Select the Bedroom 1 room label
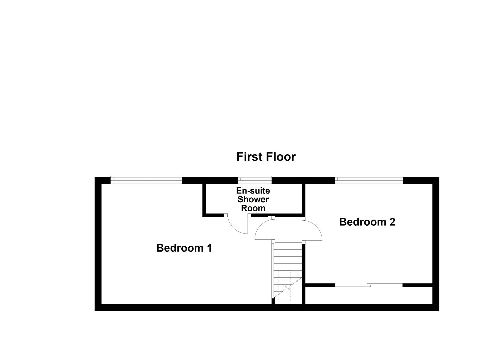pyautogui.click(x=184, y=248)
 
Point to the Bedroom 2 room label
pyautogui.click(x=367, y=222)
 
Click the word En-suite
pyautogui.click(x=253, y=191)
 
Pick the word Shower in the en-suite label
pyautogui.click(x=253, y=200)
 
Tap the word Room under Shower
pyautogui.click(x=253, y=208)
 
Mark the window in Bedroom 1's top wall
pyautogui.click(x=146, y=180)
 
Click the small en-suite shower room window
pyautogui.click(x=254, y=180)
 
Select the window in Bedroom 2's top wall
pyautogui.click(x=369, y=180)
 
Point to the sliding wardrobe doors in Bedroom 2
pyautogui.click(x=369, y=285)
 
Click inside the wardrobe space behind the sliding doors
pyautogui.click(x=369, y=295)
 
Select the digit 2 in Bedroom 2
pyautogui.click(x=392, y=222)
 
